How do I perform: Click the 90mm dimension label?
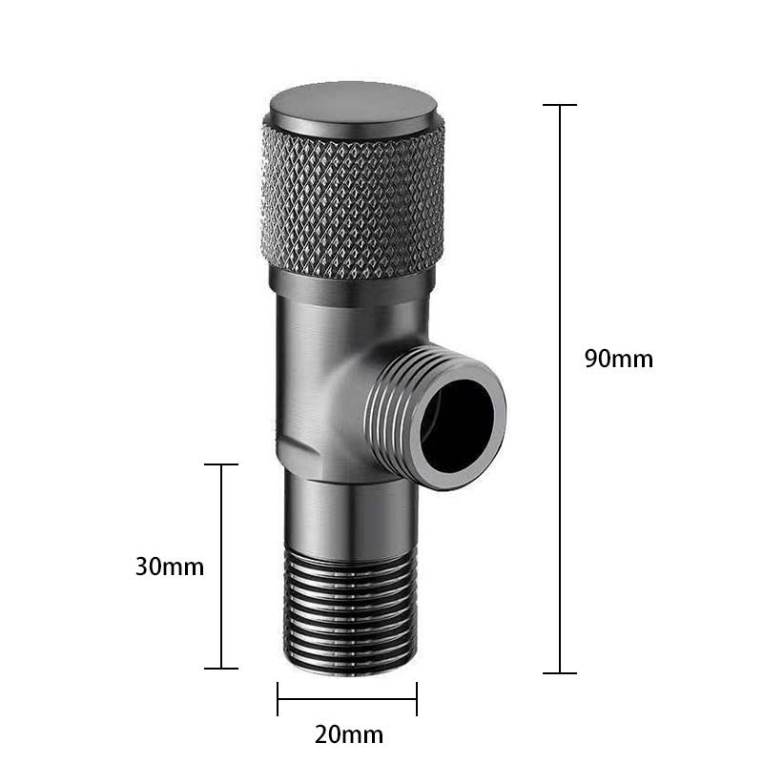coord(619,360)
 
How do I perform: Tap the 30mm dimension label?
coord(170,567)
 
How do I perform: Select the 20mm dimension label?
coord(349,734)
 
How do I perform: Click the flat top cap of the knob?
coord(353,106)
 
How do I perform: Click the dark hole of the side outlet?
coord(463,424)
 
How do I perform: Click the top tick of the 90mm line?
coord(560,105)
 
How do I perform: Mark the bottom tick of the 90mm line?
coord(560,672)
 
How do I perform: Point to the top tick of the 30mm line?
coord(221,464)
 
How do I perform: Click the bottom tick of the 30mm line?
coord(221,668)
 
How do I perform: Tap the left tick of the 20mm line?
coord(278,698)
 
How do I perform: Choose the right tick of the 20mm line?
coord(417,698)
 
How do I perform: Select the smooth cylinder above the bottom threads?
coord(349,520)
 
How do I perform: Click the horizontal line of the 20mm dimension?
coord(347,698)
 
